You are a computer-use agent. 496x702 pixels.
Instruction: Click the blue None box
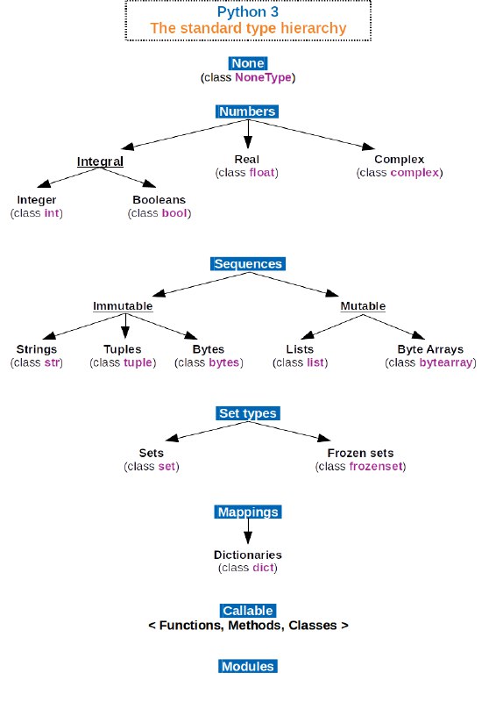pyautogui.click(x=248, y=63)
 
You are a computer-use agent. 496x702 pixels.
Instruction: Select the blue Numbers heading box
pyautogui.click(x=247, y=111)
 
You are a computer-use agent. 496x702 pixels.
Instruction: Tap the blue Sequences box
pyautogui.click(x=248, y=264)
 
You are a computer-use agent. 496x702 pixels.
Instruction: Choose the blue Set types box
pyautogui.click(x=248, y=413)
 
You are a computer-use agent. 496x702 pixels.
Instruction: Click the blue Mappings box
pyautogui.click(x=248, y=512)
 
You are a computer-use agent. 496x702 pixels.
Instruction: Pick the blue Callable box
pyautogui.click(x=248, y=611)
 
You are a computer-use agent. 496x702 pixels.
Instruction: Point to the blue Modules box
pyautogui.click(x=248, y=666)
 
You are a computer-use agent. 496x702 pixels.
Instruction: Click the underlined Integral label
pyautogui.click(x=100, y=161)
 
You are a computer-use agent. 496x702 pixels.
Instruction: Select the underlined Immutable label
pyautogui.click(x=123, y=306)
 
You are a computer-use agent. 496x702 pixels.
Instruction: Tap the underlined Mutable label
pyautogui.click(x=363, y=306)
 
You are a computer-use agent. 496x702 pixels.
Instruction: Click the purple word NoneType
pyautogui.click(x=263, y=77)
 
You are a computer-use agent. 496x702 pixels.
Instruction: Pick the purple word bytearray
pyautogui.click(x=446, y=362)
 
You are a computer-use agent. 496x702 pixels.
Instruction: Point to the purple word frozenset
pyautogui.click(x=376, y=467)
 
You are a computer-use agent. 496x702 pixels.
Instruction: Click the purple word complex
pyautogui.click(x=415, y=173)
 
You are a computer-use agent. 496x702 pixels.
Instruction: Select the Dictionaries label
pyautogui.click(x=248, y=555)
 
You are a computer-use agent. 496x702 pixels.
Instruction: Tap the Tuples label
pyautogui.click(x=123, y=349)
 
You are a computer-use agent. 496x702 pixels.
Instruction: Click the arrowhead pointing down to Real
pyautogui.click(x=248, y=143)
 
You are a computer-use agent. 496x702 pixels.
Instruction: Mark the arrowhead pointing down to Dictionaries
pyautogui.click(x=248, y=538)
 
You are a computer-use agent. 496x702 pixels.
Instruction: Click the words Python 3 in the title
pyautogui.click(x=248, y=11)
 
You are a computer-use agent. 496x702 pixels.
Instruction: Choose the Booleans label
pyautogui.click(x=159, y=200)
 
